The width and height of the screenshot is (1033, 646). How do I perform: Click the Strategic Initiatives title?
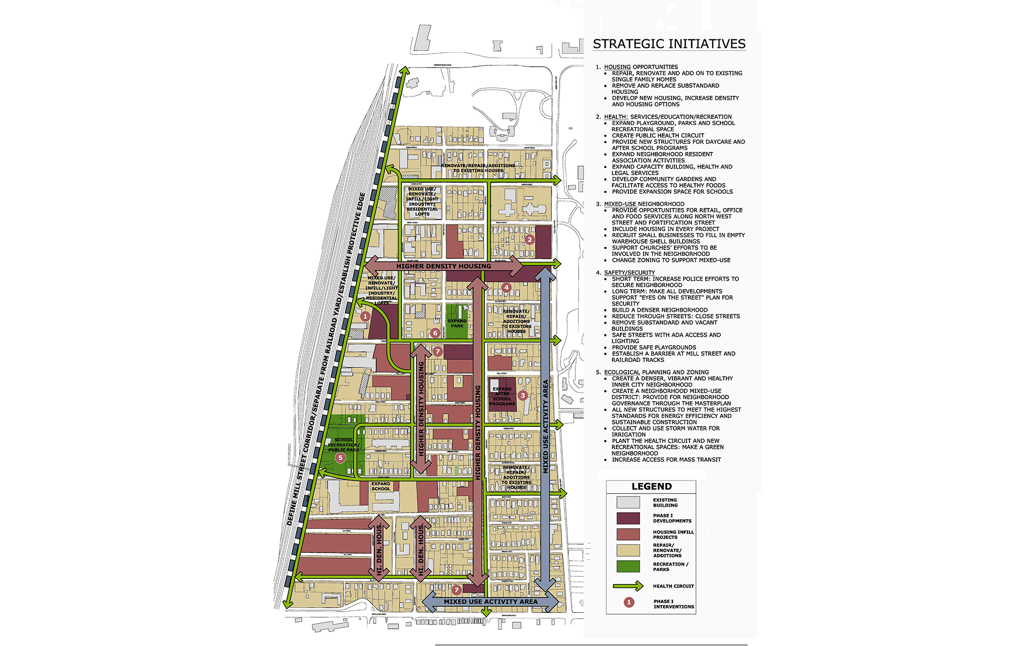(669, 44)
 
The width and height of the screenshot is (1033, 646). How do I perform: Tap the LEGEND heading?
(651, 487)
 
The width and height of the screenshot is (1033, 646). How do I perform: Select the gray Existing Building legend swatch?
(628, 502)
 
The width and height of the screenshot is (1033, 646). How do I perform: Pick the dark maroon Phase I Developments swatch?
(628, 518)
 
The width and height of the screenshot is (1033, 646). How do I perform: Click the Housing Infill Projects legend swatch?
(628, 534)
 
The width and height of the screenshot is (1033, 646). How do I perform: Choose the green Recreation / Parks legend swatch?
(628, 566)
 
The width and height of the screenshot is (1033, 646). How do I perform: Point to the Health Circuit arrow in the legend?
(628, 586)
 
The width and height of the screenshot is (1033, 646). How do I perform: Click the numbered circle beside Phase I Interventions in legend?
(628, 602)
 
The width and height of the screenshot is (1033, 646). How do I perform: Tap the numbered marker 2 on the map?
(529, 239)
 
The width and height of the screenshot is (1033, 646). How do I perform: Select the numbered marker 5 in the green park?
(340, 458)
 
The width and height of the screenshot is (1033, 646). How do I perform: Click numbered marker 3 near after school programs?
(523, 395)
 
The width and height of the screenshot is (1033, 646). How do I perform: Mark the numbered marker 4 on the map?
(506, 288)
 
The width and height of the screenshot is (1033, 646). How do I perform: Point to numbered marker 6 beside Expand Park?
(435, 333)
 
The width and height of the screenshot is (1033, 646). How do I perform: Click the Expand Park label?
(457, 324)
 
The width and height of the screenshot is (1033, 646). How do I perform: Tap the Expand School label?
(381, 486)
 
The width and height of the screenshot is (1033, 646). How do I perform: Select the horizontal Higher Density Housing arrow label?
(443, 266)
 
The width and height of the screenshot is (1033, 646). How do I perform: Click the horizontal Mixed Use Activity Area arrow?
(490, 602)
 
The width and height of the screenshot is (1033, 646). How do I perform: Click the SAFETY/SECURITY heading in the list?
(629, 273)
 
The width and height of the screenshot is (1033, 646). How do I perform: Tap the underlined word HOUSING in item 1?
(617, 67)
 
